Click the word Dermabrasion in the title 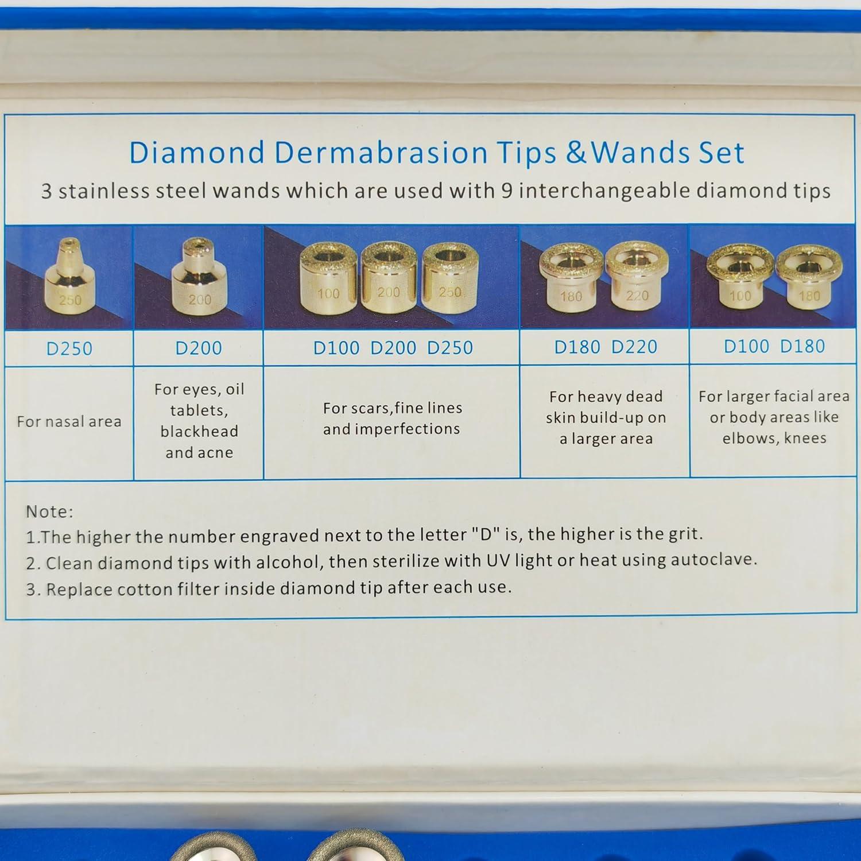[x=381, y=153]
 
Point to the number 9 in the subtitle [x=506, y=191]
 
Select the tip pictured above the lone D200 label [x=199, y=278]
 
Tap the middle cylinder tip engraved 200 [x=388, y=278]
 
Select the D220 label [x=634, y=347]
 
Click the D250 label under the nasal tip [x=69, y=349]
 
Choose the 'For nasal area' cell [x=69, y=422]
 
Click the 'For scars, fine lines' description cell [x=392, y=418]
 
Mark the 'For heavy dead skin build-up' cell [x=606, y=418]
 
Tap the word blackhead [x=199, y=432]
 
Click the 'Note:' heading [x=49, y=511]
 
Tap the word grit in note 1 [x=684, y=534]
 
